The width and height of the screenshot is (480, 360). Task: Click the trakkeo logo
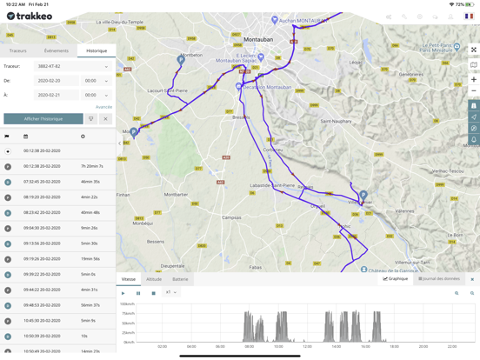[29, 16]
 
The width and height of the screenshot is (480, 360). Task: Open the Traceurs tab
[18, 50]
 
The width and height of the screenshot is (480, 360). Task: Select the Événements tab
[57, 50]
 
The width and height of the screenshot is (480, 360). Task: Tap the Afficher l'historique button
[43, 118]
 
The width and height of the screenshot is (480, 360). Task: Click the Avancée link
[103, 107]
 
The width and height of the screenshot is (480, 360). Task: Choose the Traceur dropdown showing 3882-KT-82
[71, 66]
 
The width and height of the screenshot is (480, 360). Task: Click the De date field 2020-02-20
[57, 81]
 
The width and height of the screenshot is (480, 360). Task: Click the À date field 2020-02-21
[57, 95]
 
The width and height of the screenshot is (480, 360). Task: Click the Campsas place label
[231, 217]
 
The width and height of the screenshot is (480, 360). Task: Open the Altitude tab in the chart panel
[154, 279]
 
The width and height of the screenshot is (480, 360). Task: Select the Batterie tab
[180, 279]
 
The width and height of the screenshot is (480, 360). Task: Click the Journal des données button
[439, 279]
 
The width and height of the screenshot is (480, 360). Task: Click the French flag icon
[469, 17]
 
